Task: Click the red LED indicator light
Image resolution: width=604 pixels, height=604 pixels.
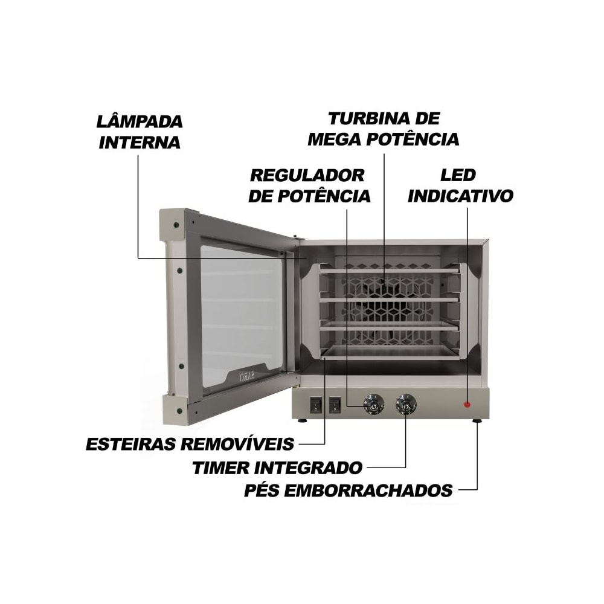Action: coord(467,405)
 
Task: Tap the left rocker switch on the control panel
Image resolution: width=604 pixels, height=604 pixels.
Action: coord(315,405)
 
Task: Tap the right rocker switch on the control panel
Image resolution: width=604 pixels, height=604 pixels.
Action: coord(335,405)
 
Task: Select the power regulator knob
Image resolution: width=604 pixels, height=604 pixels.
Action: coord(373,404)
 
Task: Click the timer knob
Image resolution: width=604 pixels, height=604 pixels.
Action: coord(406,404)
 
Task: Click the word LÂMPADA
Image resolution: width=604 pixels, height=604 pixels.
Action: coord(140,121)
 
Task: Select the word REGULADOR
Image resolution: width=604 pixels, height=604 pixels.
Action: coord(307,176)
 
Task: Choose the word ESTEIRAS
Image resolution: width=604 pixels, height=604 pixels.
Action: coord(131,444)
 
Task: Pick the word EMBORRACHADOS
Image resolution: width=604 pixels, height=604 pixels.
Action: coord(370,490)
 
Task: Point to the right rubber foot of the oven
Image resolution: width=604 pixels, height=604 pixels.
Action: coord(477,421)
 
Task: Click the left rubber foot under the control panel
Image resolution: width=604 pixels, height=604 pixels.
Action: coord(303,420)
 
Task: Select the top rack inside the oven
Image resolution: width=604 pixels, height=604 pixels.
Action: coord(389,271)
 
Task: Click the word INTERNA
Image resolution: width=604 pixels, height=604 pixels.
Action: coord(140,142)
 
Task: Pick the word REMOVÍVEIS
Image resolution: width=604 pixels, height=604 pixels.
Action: coord(237,443)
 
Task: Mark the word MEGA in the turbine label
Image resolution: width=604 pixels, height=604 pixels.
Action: coord(335,140)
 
